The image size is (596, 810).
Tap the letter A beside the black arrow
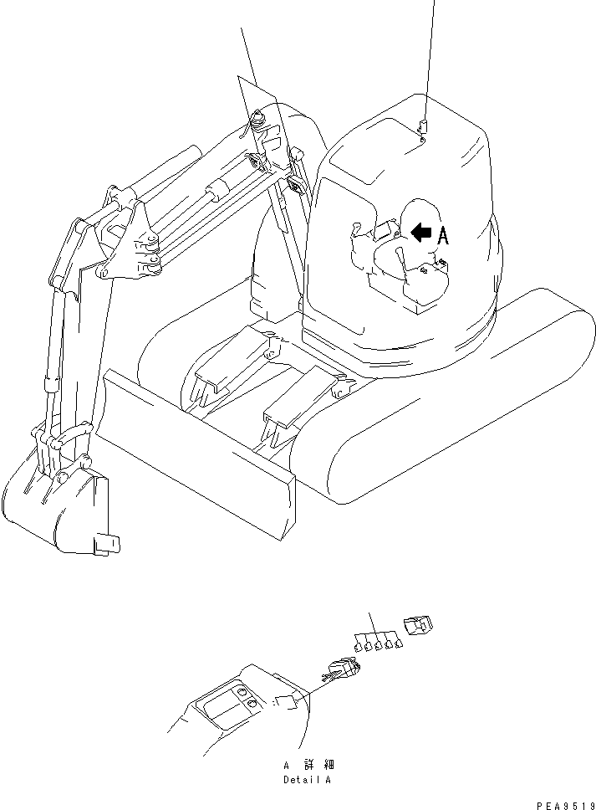coord(443,236)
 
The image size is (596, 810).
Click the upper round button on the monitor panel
coord(242,694)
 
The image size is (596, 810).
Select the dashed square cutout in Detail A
coord(286,702)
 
